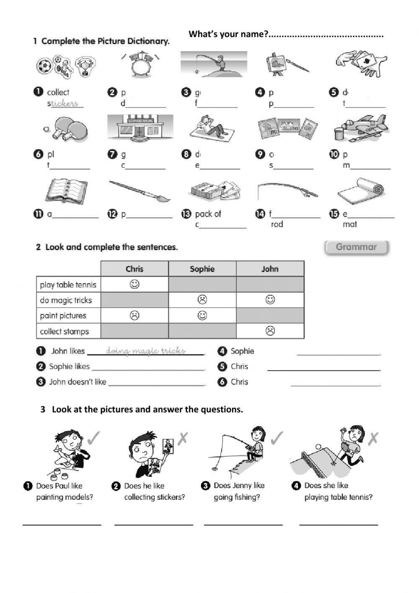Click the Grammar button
pos(357,247)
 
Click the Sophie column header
pos(202,269)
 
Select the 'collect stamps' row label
pos(65,332)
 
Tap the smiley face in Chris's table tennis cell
pos(134,285)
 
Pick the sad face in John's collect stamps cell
pos(270,331)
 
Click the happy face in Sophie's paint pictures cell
pos(202,315)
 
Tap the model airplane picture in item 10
pos(360,127)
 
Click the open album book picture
pos(66,191)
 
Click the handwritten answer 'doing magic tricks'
pos(146,351)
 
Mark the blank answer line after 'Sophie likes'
pos(148,369)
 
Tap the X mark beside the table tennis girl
pos(372,439)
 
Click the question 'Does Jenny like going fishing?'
pos(238,491)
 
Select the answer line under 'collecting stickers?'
pos(154,524)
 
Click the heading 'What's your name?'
pos(228,34)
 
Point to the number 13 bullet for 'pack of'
pos(186,214)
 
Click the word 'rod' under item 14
pos(277,225)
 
